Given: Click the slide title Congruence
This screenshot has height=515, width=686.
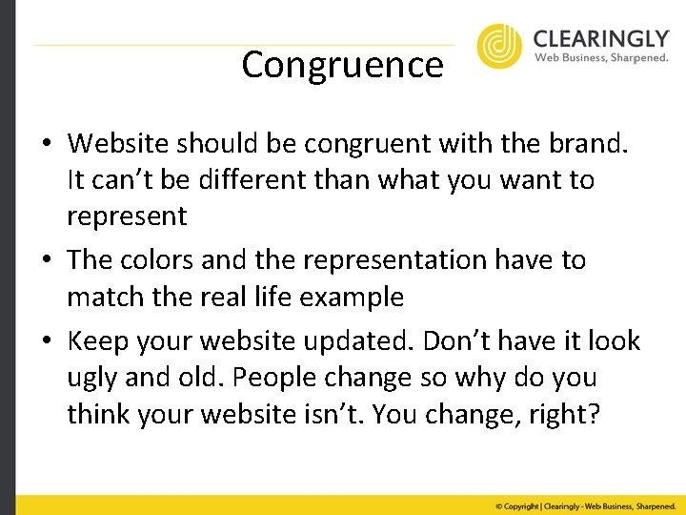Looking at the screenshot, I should click(x=342, y=65).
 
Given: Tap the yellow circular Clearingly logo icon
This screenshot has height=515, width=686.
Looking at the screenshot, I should click(x=499, y=46).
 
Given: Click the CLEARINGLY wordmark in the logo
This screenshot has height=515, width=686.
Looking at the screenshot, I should click(x=600, y=38).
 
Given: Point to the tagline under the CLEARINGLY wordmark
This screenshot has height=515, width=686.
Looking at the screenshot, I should click(x=600, y=57).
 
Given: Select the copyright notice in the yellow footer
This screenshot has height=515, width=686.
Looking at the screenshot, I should click(x=583, y=505).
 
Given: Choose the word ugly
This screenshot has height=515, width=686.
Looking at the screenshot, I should click(x=93, y=378).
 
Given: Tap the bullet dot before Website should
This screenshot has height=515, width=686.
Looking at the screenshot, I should click(x=46, y=145).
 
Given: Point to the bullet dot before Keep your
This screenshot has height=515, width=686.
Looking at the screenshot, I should click(x=46, y=341).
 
